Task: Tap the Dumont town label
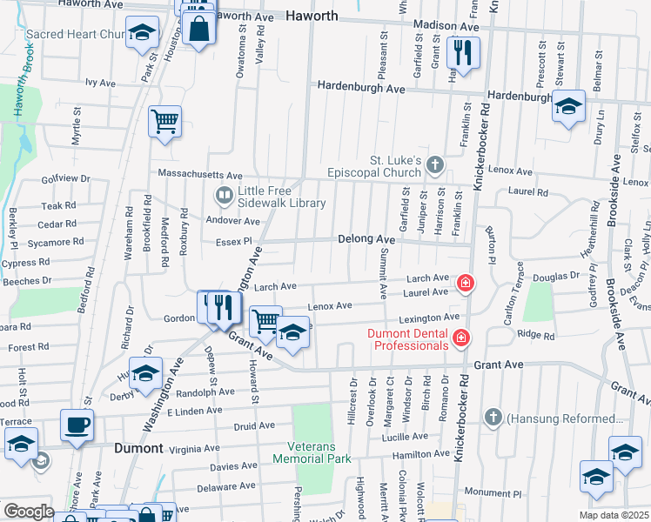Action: coord(139,448)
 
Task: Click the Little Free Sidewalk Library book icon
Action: coord(224,195)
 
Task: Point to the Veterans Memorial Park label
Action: coord(317,452)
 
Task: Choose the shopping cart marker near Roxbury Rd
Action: coord(164,121)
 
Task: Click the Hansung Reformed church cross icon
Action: coord(493,418)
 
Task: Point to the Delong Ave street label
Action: coord(366,238)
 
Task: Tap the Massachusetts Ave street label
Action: coord(199,175)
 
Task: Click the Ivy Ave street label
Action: coord(100,83)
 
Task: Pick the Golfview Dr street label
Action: coord(66,178)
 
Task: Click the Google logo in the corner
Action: coord(29,512)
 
